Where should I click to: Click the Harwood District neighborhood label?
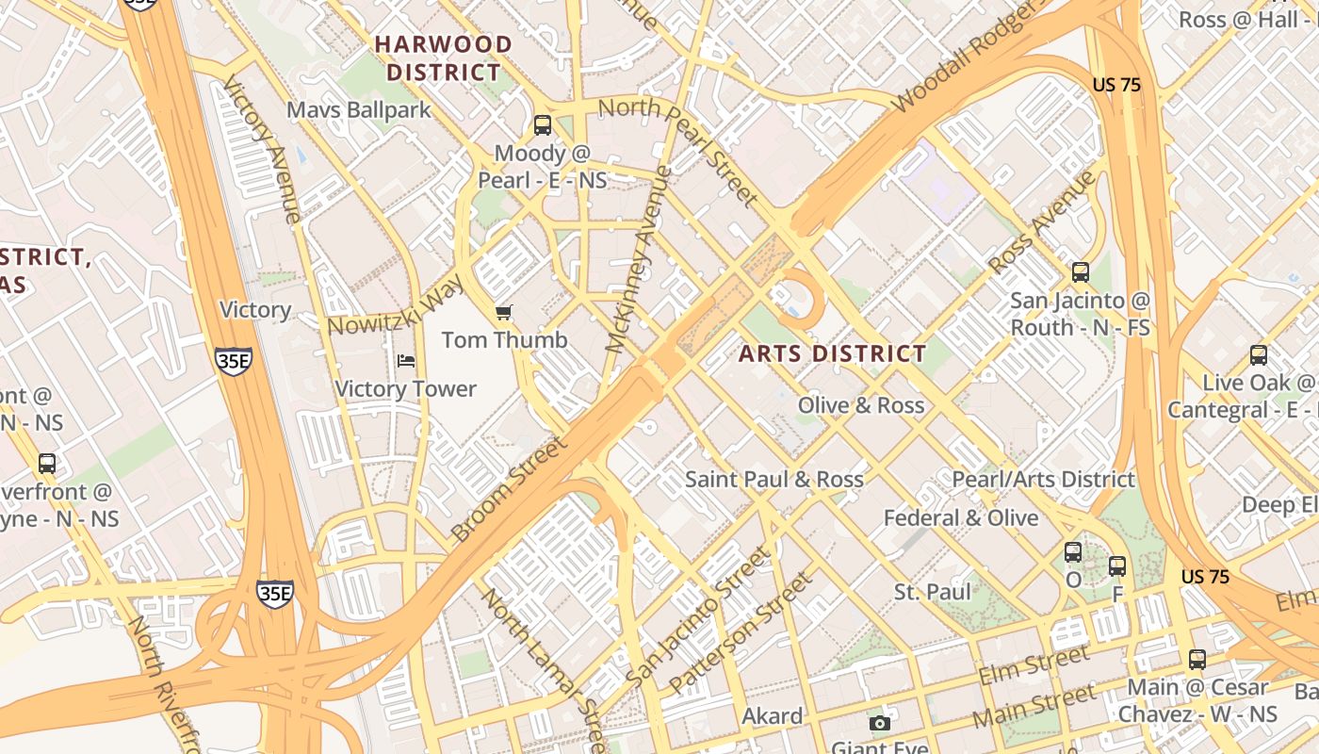(444, 57)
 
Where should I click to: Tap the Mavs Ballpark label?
(358, 110)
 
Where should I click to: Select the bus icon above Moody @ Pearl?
(542, 124)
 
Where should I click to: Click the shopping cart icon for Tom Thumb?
(504, 312)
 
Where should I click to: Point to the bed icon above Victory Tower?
(406, 361)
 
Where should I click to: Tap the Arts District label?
(832, 354)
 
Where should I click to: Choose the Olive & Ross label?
(860, 405)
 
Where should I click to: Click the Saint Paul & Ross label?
(773, 479)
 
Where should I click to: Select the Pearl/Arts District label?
(1043, 479)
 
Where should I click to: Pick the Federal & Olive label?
(960, 518)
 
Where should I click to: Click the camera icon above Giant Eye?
(880, 723)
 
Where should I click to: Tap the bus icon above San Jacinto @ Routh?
(1081, 272)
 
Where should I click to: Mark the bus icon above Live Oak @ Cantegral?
(1259, 355)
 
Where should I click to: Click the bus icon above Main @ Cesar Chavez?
(1197, 659)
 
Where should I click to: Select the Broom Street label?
(509, 490)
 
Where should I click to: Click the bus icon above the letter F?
(1117, 566)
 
